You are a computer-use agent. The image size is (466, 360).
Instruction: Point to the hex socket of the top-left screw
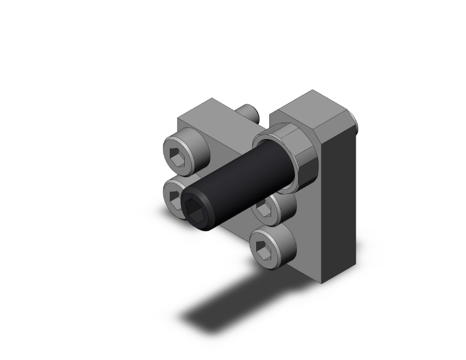click(178, 157)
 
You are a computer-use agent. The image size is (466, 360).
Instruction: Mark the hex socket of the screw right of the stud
click(262, 208)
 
